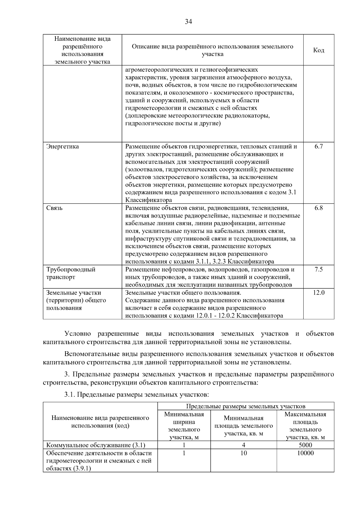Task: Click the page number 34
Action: (188, 22)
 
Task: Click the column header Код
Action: (318, 50)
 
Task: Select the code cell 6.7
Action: (318, 146)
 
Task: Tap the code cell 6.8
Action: (318, 208)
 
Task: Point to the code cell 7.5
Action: (318, 269)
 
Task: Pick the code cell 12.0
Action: (318, 292)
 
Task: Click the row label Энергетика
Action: (63, 146)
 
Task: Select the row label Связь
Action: (55, 208)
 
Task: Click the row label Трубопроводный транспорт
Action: (71, 273)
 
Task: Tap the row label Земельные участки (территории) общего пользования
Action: (76, 300)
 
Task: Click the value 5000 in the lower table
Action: (305, 445)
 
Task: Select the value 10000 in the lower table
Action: (305, 453)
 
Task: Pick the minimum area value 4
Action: (244, 445)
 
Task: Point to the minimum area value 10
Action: (244, 453)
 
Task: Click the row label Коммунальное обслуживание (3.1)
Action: (96, 445)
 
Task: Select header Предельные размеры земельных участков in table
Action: (245, 406)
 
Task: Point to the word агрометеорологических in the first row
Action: (158, 70)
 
